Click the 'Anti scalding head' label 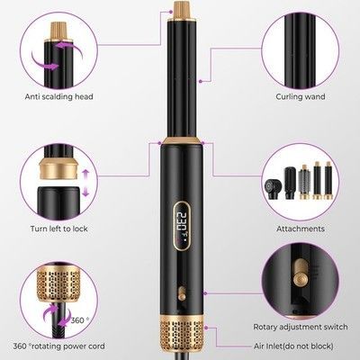tap(59, 96)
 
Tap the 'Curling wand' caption tap(301, 96)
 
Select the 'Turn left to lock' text tap(59, 229)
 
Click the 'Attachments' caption tap(301, 229)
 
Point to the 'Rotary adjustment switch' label tap(301, 327)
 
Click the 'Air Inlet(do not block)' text tap(293, 346)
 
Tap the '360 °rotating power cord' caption tap(58, 346)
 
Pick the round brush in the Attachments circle tap(304, 182)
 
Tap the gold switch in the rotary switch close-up tap(300, 274)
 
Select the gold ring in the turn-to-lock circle tap(58, 169)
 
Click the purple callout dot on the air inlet tap(206, 328)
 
